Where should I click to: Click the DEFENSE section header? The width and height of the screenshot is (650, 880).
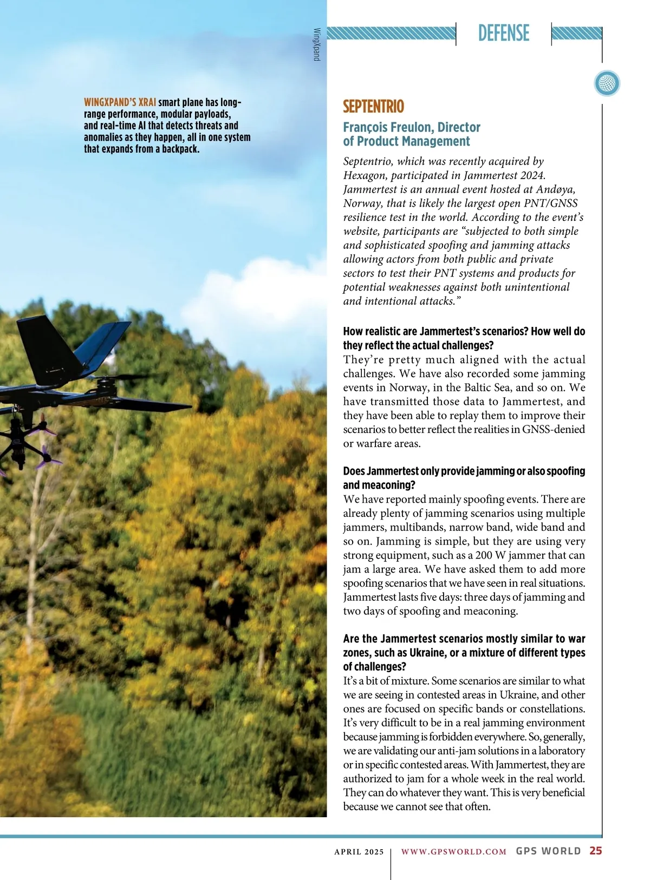coord(503,33)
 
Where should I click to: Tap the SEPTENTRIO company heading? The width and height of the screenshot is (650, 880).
coord(373,106)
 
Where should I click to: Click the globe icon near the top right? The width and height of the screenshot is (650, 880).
coord(607,84)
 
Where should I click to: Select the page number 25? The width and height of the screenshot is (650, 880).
coord(595,851)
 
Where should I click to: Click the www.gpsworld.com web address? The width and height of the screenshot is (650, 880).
coord(453,851)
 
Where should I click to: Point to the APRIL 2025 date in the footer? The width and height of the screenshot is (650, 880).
coord(359,851)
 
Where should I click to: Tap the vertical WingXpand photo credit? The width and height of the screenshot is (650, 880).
coord(317,44)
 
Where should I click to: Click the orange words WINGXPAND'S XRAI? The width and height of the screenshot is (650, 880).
coord(120,102)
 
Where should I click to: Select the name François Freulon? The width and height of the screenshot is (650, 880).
coord(388,127)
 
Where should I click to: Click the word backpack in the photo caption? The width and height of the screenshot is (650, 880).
coord(180,149)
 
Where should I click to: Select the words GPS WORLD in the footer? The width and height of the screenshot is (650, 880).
coord(548,851)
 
